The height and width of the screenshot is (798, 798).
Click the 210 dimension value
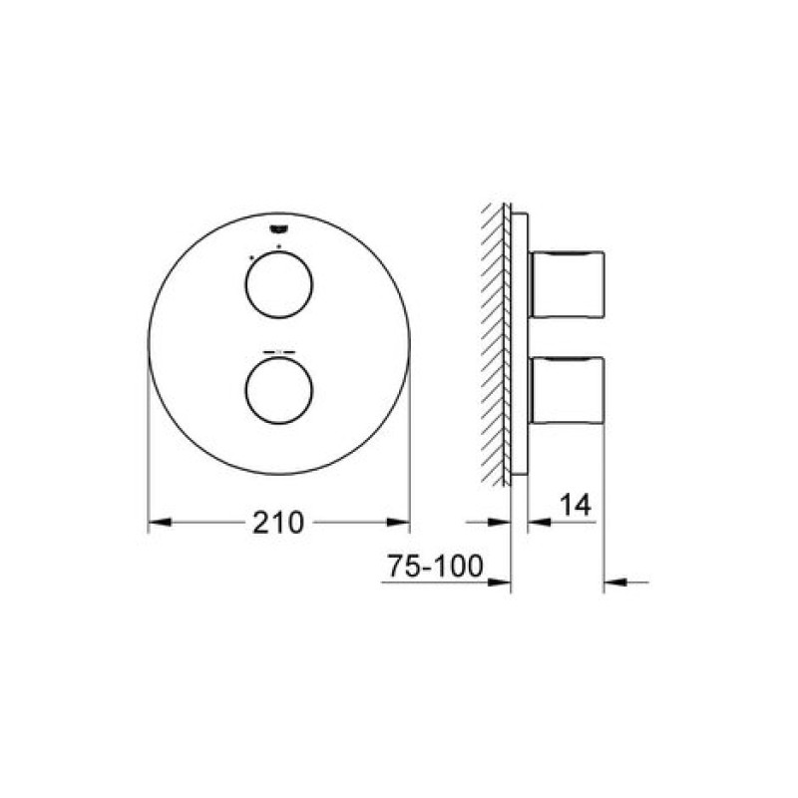(x=278, y=522)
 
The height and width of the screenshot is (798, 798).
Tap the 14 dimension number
(x=576, y=506)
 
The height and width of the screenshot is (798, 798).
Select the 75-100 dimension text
(x=435, y=566)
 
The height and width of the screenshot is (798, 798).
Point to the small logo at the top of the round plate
(x=279, y=229)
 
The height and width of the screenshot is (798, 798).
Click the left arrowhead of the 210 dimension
(x=160, y=522)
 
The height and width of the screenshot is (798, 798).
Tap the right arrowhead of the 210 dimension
(x=398, y=522)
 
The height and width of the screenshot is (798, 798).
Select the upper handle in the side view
(x=567, y=284)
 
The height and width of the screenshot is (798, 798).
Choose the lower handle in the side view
(x=567, y=390)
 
